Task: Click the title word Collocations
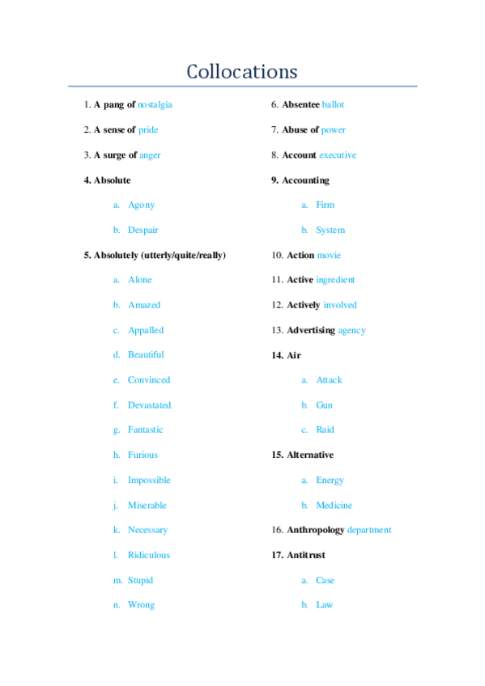242,71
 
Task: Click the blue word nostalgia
155,104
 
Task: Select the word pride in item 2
148,129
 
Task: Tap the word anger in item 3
150,155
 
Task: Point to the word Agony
141,205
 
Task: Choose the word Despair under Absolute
143,230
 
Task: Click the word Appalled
146,330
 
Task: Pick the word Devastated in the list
149,404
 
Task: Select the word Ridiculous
149,555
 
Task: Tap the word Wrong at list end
141,604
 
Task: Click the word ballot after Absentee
333,104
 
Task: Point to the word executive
338,155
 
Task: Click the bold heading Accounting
305,180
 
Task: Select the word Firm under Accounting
325,205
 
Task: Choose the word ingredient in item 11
335,279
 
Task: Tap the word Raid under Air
325,430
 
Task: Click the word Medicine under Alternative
334,505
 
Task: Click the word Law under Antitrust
324,604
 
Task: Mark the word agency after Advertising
351,330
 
